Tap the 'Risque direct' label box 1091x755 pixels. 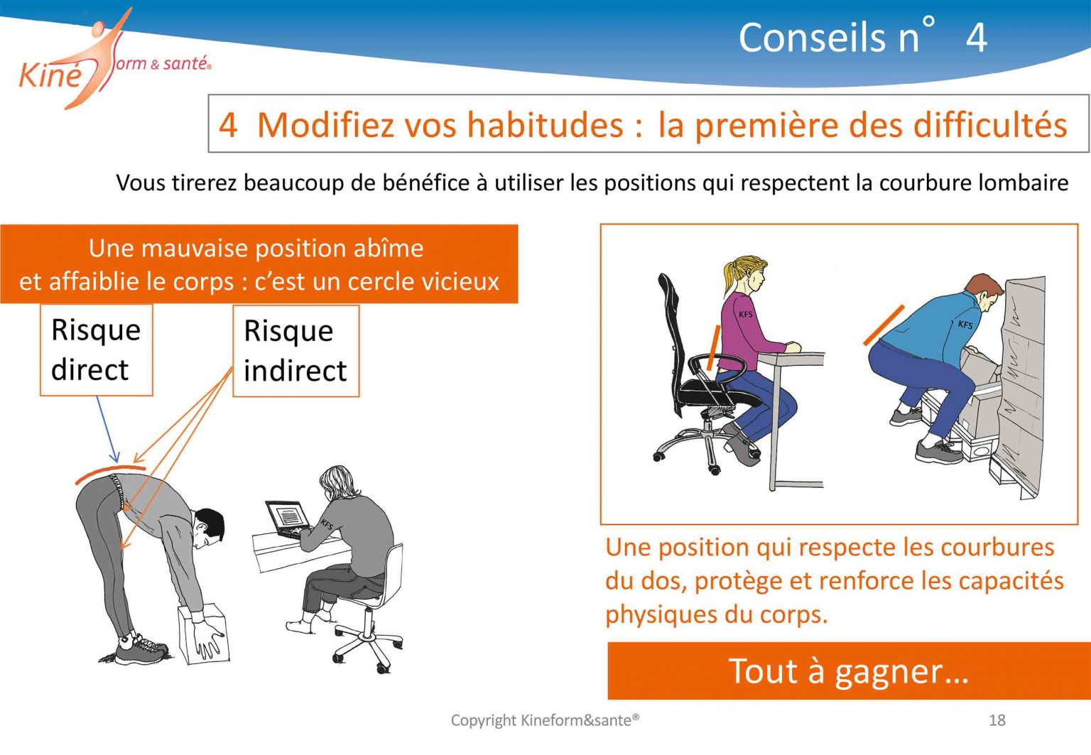pos(96,349)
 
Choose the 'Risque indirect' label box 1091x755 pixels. pos(295,351)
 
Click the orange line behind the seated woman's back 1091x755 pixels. pos(713,347)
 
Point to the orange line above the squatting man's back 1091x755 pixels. pos(884,325)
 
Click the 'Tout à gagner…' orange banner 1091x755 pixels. pos(848,670)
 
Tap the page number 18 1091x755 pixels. pos(997,720)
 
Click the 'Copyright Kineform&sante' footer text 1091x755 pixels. pos(545,720)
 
